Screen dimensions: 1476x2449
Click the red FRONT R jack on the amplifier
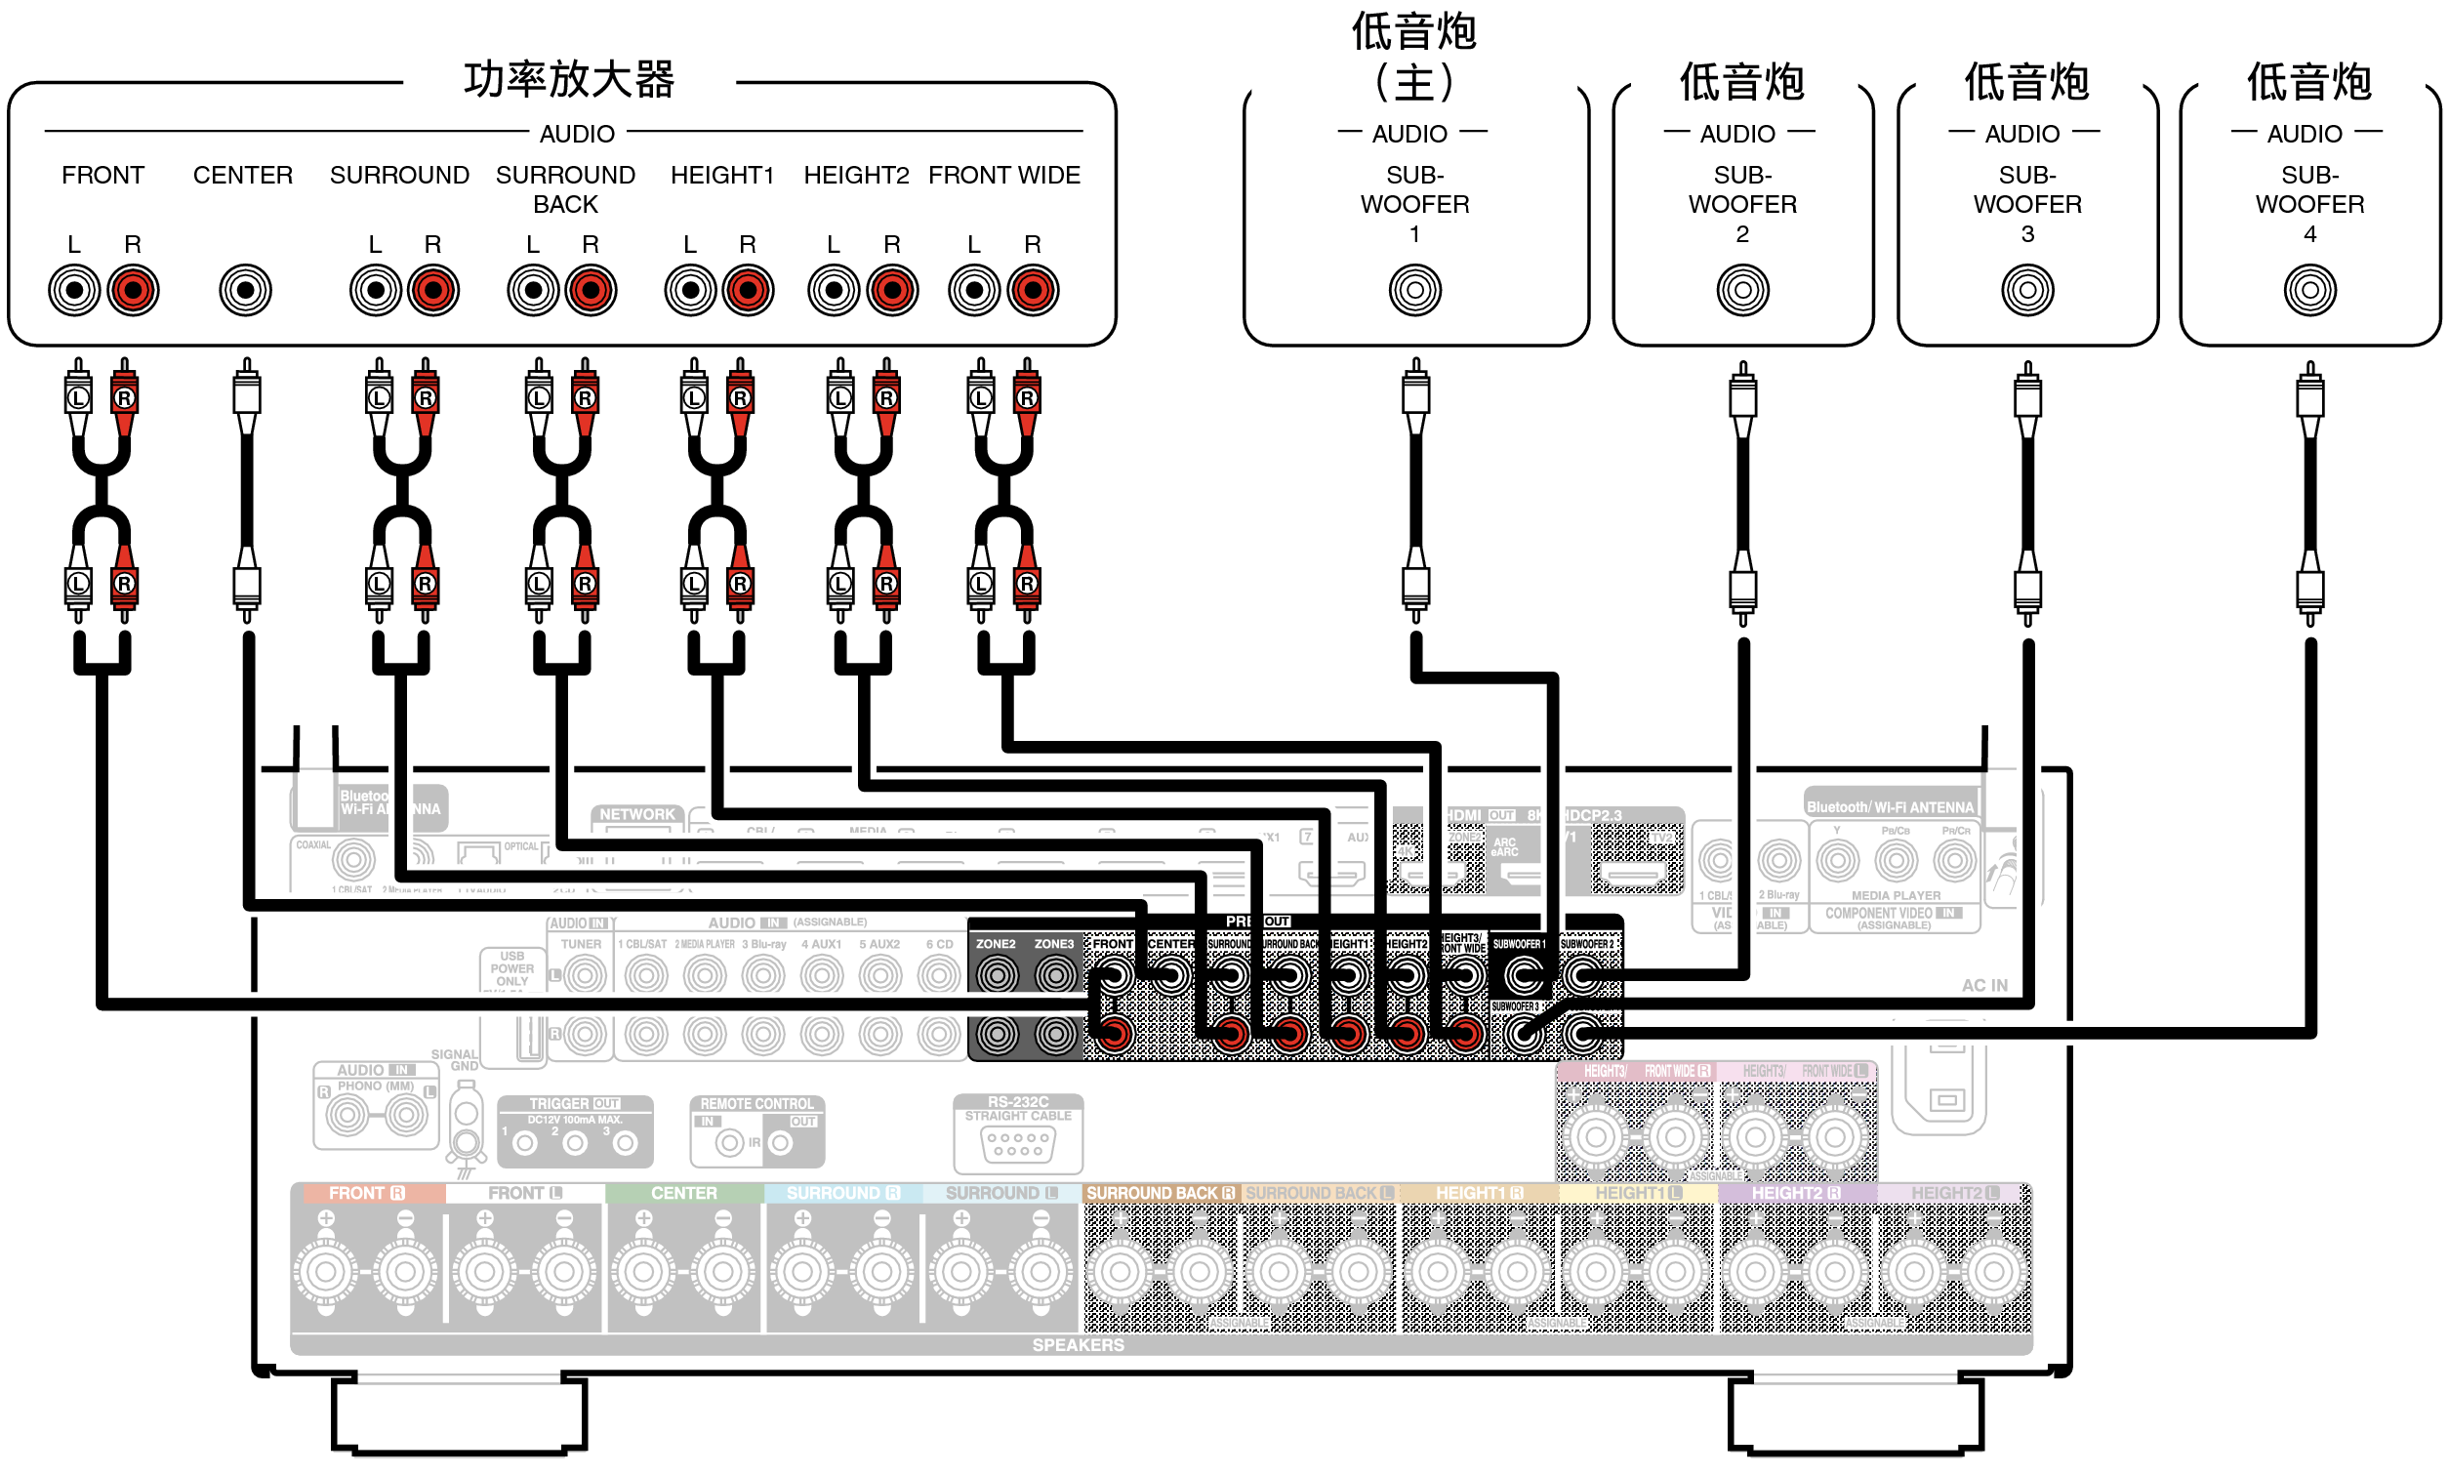(x=132, y=290)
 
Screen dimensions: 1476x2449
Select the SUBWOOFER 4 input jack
(x=2308, y=290)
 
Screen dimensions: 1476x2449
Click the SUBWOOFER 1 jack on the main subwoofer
(x=1414, y=290)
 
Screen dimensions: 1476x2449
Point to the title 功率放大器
(x=568, y=80)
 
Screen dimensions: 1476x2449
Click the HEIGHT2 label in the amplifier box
(x=856, y=175)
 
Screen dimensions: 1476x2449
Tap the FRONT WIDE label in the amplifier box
(x=1003, y=175)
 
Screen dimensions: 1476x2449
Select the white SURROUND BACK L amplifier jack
(x=533, y=290)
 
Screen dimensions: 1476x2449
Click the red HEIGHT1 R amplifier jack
(x=748, y=290)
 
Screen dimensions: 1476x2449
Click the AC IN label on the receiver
(x=1983, y=985)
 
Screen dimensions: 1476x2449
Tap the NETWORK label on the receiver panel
(x=637, y=814)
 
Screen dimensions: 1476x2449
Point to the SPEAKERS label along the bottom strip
(x=1078, y=1345)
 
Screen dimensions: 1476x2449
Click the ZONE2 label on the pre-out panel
(x=995, y=943)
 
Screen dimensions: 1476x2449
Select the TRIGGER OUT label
(x=574, y=1103)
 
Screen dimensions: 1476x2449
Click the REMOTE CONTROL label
(x=756, y=1103)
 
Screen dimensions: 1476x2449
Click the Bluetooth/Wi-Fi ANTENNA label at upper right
(x=1890, y=807)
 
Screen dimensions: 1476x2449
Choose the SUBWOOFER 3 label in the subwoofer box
(x=2026, y=204)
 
